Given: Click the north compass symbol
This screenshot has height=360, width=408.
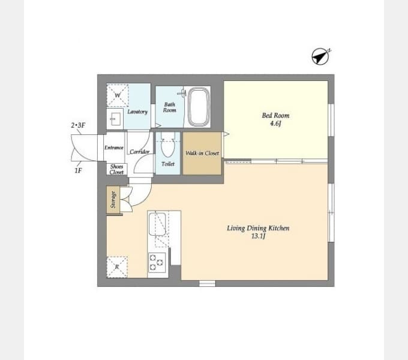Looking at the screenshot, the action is coord(320,56).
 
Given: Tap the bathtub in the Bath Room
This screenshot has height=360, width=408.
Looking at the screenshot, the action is coord(199,107).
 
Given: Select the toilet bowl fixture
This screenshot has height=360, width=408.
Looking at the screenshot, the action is coord(167,145).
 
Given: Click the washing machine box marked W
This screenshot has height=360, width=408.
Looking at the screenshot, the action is coord(118,95).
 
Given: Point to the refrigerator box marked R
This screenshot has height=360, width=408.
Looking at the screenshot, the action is coord(117,267).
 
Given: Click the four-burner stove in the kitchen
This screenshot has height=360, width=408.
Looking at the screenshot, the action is coord(157,262).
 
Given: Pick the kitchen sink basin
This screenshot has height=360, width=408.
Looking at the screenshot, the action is coord(157,224).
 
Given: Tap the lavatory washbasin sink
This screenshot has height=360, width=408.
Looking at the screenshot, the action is coord(115,119).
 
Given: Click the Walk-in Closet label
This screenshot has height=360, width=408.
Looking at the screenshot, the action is coord(202,153).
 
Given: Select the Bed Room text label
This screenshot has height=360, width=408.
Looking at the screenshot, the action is coord(275,115).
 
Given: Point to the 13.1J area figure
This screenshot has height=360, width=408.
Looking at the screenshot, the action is coord(258,236).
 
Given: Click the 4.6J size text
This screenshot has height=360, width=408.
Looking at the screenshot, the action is coord(275,123).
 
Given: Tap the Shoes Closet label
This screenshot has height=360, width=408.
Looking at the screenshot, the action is coord(116,169).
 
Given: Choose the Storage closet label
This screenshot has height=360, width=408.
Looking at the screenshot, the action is coord(113,200).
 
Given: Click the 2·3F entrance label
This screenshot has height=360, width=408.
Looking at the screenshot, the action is coord(78,125).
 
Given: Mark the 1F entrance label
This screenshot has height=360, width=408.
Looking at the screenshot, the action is coord(79,170).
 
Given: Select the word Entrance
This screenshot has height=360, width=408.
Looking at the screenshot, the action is coord(114,148).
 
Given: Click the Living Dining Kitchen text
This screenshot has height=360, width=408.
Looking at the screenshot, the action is coord(258,228).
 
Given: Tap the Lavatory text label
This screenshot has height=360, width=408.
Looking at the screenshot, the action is coord(137,112).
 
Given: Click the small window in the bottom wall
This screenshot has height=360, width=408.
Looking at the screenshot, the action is coord(208,284).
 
